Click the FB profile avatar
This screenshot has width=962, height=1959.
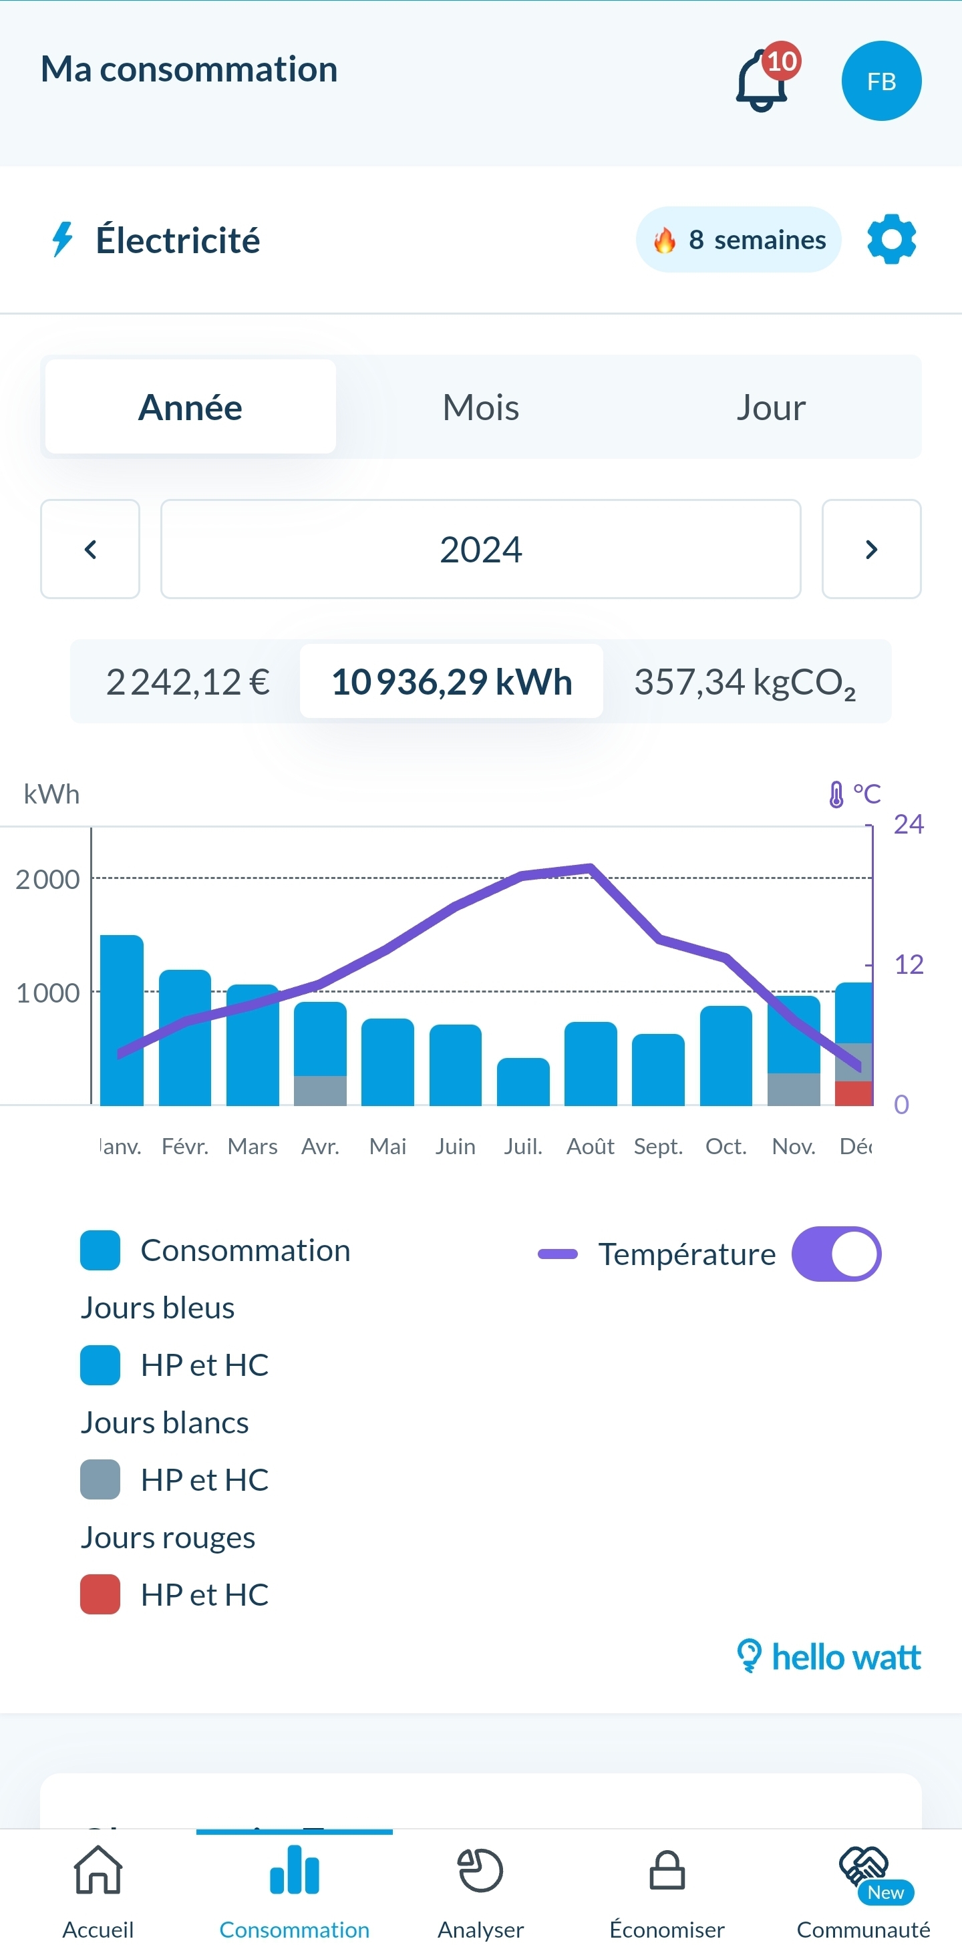click(880, 81)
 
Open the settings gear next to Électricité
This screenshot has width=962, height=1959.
click(891, 240)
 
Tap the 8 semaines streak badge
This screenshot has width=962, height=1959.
click(738, 240)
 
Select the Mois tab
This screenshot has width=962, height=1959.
click(480, 407)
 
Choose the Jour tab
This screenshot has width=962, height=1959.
click(770, 407)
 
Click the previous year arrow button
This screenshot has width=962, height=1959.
click(90, 549)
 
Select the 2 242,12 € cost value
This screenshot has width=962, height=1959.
click(187, 681)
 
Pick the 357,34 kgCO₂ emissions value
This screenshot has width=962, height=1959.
click(744, 681)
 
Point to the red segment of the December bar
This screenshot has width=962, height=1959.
click(853, 1093)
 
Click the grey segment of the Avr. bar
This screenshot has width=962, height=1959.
click(320, 1091)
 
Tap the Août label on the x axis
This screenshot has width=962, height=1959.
click(590, 1146)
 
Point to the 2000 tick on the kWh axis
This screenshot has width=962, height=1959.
click(47, 879)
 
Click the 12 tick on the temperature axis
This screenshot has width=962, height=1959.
click(908, 964)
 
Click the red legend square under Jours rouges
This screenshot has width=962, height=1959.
click(100, 1594)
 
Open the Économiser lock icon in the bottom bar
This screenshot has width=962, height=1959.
click(667, 1871)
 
